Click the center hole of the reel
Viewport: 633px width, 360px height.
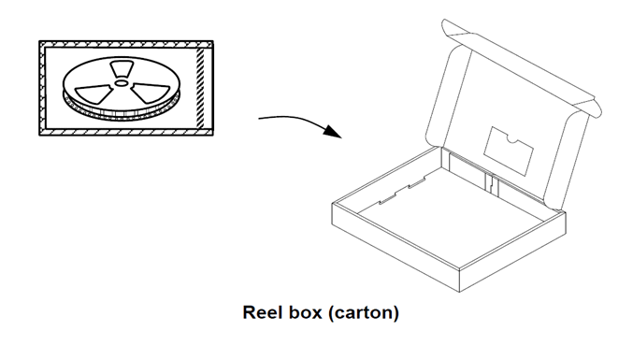point(122,82)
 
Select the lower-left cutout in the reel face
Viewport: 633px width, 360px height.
point(94,92)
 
